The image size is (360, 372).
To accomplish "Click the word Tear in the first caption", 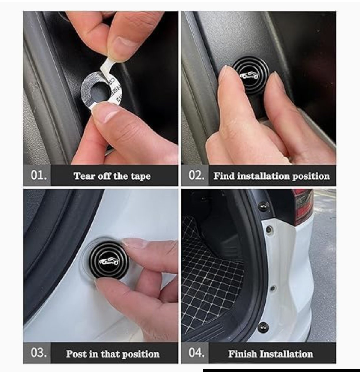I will click(x=84, y=176).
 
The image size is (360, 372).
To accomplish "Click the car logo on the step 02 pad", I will click(x=249, y=76).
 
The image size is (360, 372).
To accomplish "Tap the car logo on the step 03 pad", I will click(x=109, y=261).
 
